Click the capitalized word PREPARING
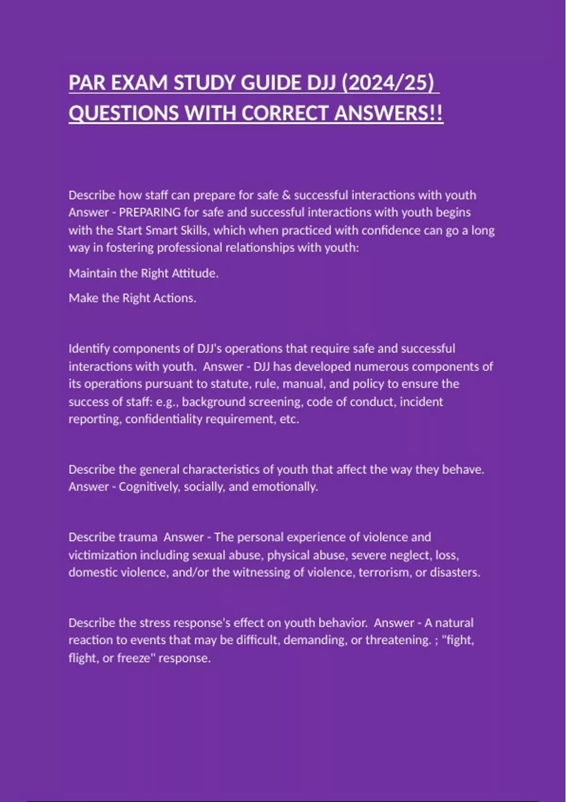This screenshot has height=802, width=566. [150, 213]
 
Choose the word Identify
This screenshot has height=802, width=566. [89, 349]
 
